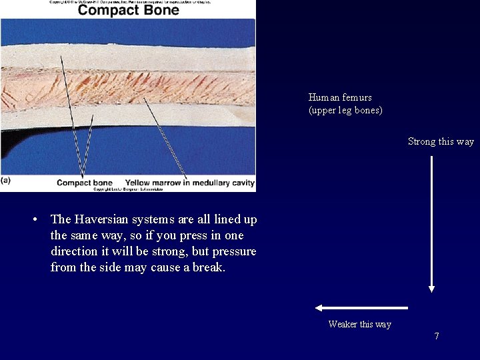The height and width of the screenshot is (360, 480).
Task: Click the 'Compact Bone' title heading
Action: [x=129, y=10]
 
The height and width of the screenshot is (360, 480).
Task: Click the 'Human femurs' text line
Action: [x=340, y=97]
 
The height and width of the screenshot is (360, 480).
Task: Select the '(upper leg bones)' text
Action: [x=345, y=110]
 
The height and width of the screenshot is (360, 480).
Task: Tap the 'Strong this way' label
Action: [x=441, y=141]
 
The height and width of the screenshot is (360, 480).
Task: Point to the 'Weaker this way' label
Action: [x=359, y=325]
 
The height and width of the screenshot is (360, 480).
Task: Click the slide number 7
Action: [x=437, y=336]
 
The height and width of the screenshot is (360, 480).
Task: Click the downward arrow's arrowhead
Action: [x=431, y=288]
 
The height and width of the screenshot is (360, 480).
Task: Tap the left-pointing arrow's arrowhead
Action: [x=319, y=308]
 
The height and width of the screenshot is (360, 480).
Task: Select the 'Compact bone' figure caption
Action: [x=85, y=183]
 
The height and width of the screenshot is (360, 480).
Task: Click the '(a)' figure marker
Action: [x=6, y=180]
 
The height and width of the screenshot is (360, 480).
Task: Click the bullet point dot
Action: [x=41, y=219]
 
